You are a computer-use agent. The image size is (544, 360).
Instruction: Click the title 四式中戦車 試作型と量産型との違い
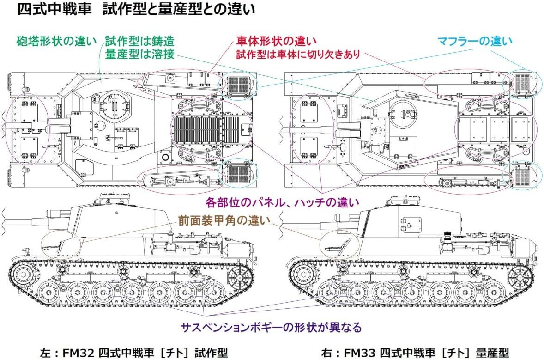coord(136,10)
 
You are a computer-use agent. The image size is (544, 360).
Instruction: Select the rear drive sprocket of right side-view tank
coord(521,279)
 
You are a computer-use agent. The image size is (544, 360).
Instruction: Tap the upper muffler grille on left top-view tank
coord(239,85)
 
